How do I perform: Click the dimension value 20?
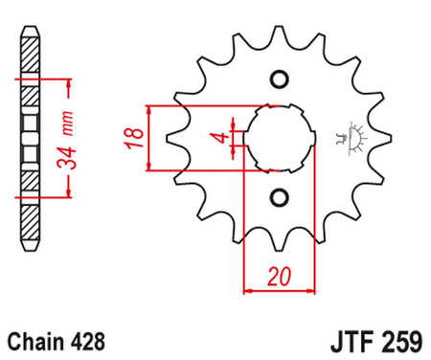pos(280,277)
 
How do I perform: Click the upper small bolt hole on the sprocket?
pos(279,78)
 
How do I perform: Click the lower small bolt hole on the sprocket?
pos(279,198)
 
